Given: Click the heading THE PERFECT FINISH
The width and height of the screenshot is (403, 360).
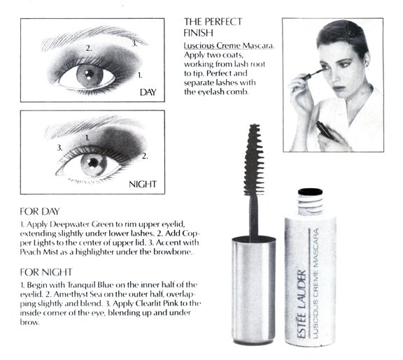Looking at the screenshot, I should pos(208,27).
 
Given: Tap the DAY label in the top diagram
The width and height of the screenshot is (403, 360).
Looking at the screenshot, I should pos(148,92).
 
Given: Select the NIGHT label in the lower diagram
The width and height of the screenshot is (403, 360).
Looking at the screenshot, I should pos(142,185).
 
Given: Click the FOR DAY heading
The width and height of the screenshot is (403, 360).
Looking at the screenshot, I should pos(41,210).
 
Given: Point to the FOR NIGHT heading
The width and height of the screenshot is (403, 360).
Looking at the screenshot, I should pos(45,271).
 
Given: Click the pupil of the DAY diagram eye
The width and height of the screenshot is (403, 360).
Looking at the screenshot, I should pos(89,74).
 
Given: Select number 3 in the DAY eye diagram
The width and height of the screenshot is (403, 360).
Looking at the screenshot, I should pos(134,43).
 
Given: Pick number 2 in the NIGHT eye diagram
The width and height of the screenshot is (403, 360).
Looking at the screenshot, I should pos(146,155).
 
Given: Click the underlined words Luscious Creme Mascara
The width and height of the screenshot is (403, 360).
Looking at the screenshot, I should pos(224,45).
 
